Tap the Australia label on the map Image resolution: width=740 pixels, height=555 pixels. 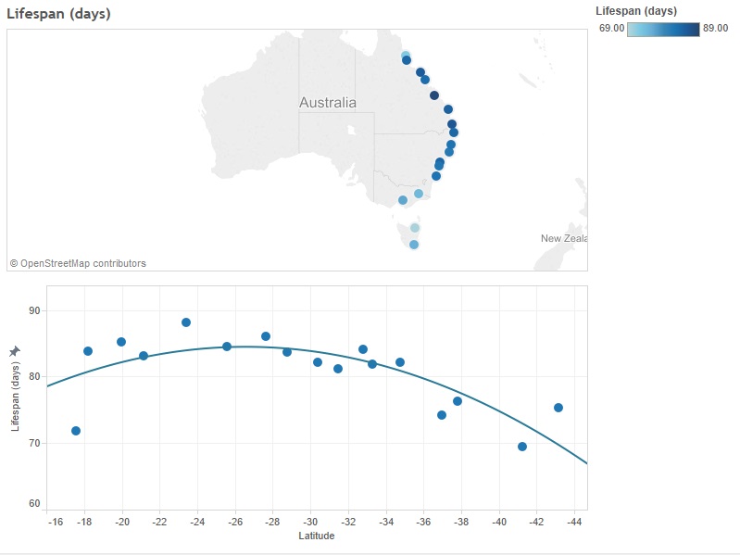tap(327, 103)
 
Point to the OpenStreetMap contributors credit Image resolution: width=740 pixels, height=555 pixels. tap(78, 263)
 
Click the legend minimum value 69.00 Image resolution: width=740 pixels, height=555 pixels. tap(611, 29)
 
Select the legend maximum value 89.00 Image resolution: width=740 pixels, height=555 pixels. tap(716, 29)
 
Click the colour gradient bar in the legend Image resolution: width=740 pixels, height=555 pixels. tap(663, 30)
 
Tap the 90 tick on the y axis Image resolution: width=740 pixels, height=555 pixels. tap(34, 310)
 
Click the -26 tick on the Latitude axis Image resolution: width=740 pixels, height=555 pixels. tap(234, 523)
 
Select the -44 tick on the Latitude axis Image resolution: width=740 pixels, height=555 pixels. tap(574, 523)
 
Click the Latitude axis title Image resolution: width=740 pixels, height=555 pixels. tap(318, 536)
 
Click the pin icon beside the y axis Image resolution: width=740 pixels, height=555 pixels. tap(14, 351)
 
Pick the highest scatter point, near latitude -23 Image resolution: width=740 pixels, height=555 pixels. tap(186, 322)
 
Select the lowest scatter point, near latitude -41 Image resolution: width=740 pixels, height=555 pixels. tap(522, 447)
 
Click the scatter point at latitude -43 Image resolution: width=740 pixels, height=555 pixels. tap(558, 408)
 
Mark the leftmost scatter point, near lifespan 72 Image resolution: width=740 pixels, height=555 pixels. tap(76, 431)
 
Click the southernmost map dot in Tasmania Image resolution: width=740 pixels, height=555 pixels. tap(414, 245)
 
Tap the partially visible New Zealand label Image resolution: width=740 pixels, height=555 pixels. tap(563, 239)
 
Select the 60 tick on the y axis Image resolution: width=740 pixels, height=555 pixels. tap(34, 504)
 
